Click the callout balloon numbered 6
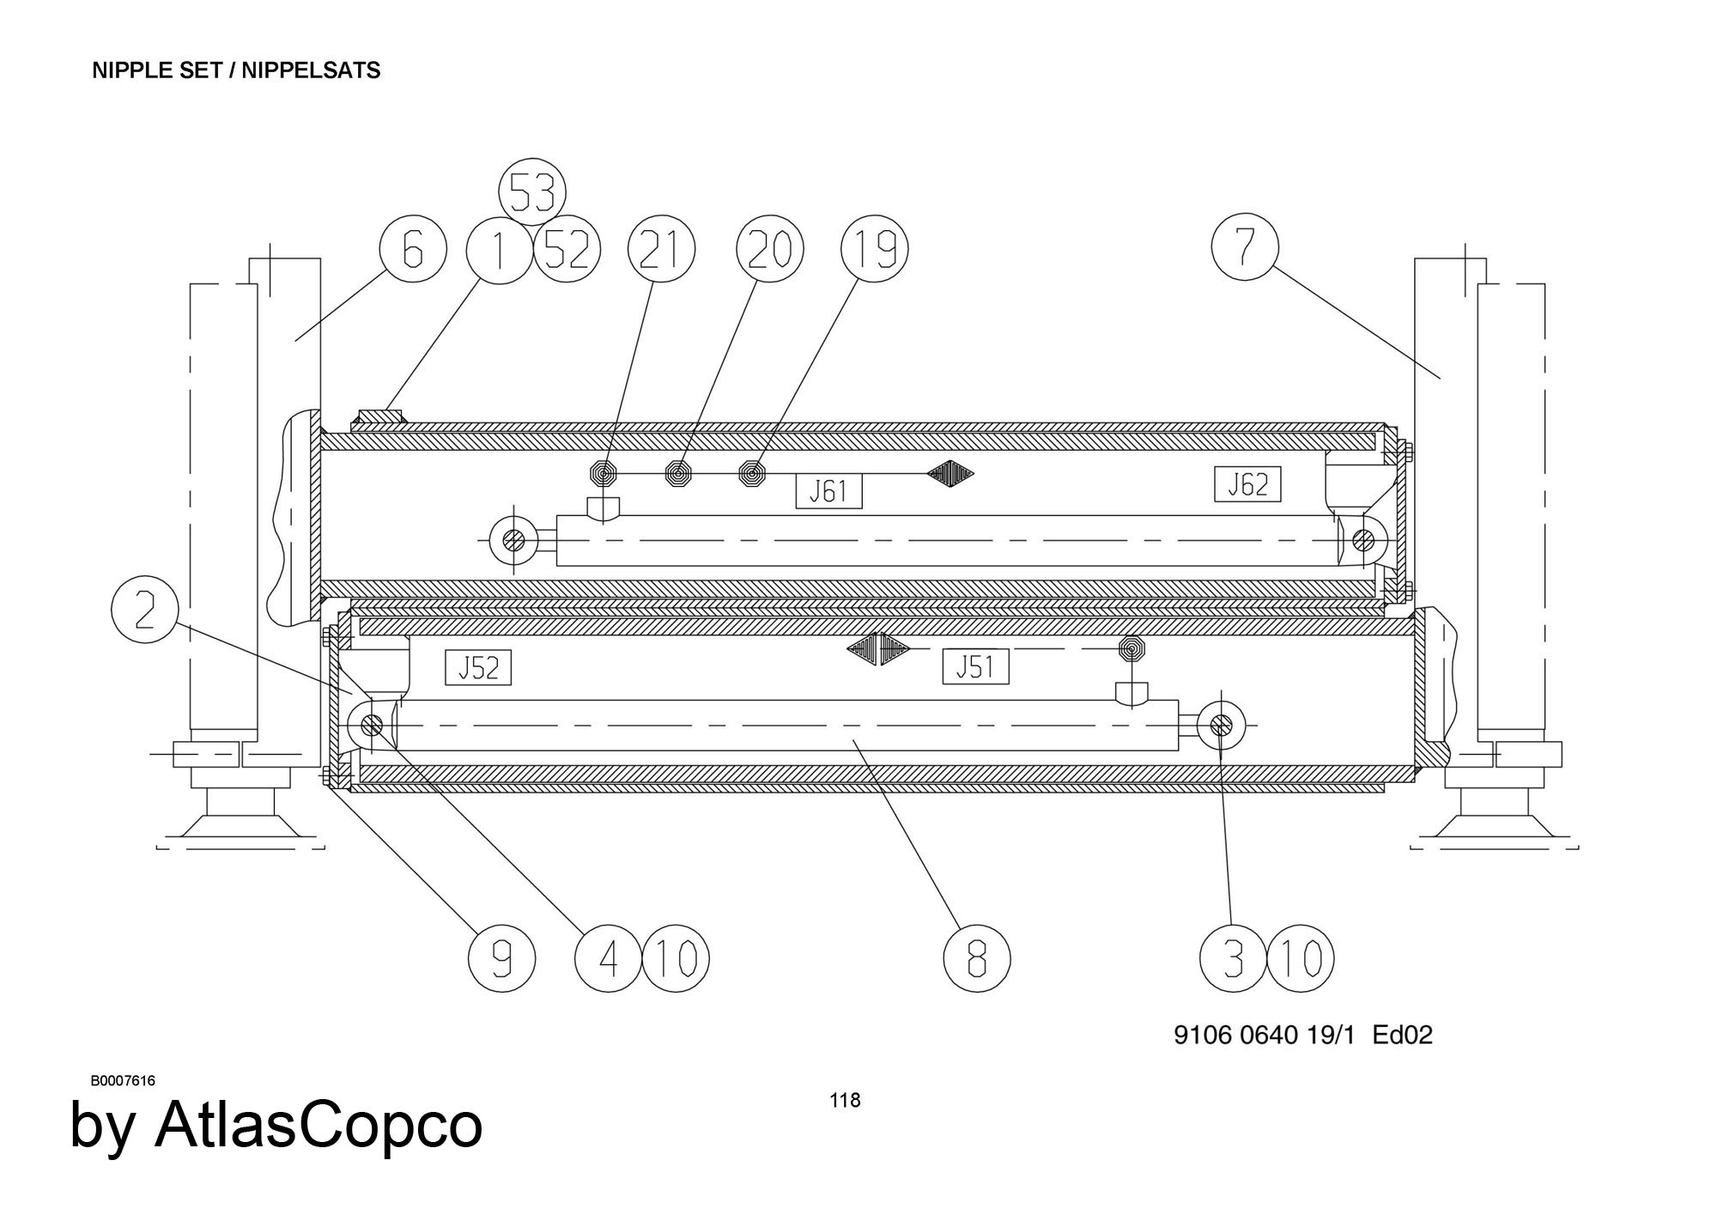coord(413,250)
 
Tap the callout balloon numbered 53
coord(532,192)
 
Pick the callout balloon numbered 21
coord(661,250)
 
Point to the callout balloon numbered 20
coord(770,250)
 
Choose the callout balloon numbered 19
coord(874,250)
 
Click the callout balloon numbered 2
coord(145,611)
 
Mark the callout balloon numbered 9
coord(502,958)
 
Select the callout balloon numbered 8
coord(977,958)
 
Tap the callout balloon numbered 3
coord(1233,958)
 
